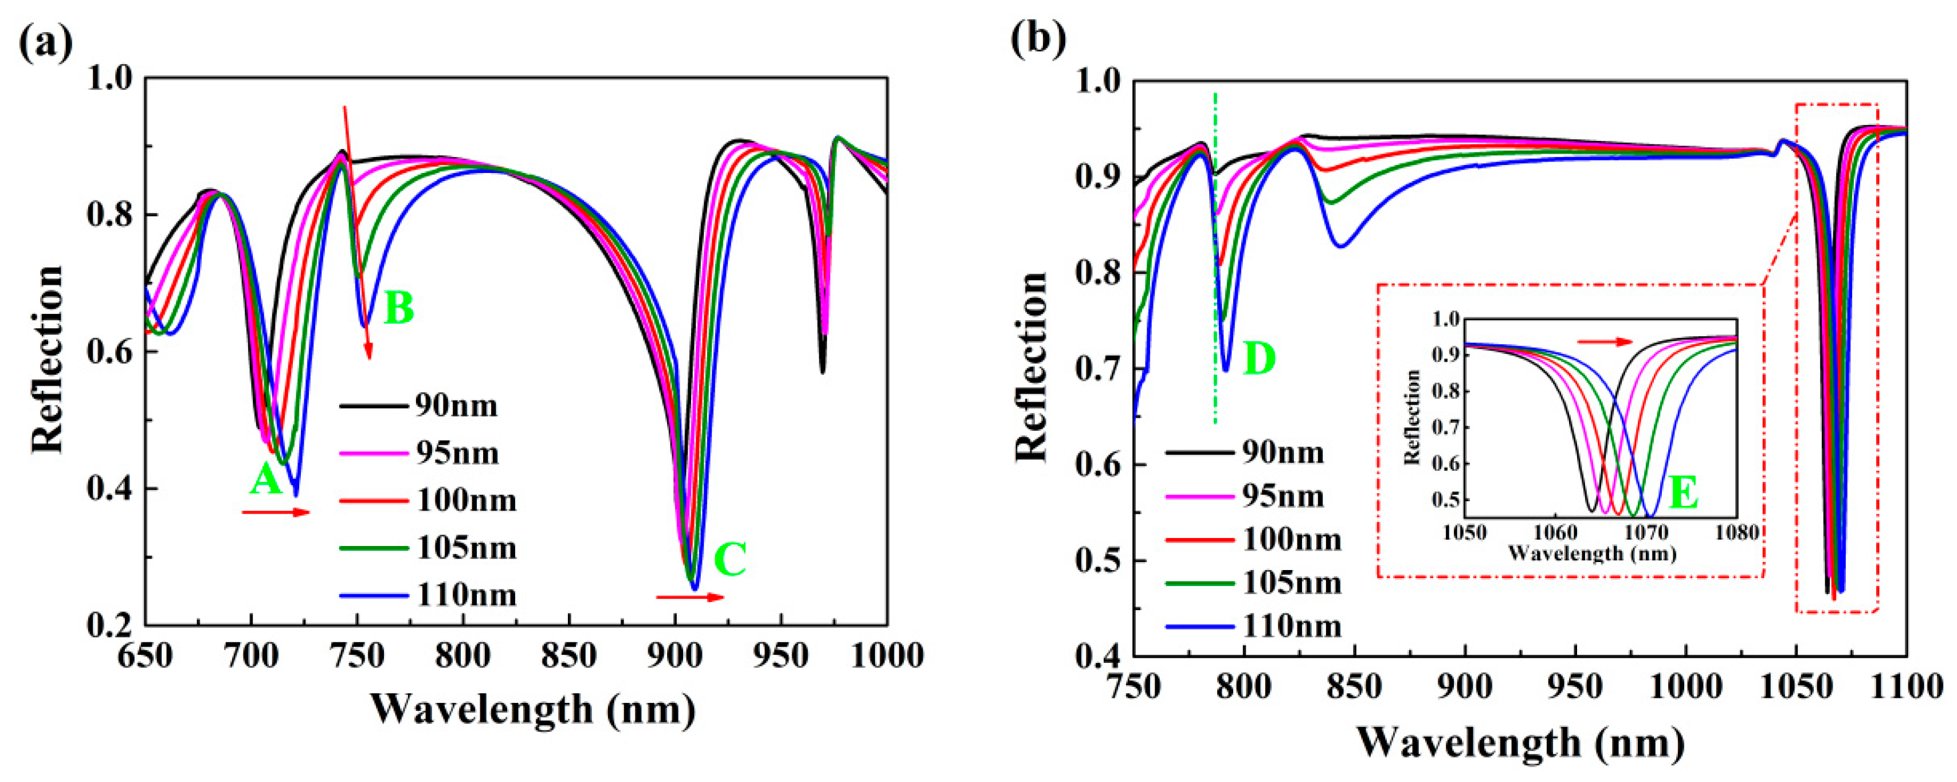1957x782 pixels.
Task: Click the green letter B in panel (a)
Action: pyautogui.click(x=399, y=308)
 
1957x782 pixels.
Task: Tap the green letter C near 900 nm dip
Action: pyautogui.click(x=730, y=560)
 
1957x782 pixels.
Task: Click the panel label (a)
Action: pyautogui.click(x=46, y=42)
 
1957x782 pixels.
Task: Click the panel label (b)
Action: pyautogui.click(x=1038, y=37)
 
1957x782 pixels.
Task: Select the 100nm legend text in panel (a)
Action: pyautogui.click(x=466, y=500)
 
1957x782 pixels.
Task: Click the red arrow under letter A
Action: pyautogui.click(x=276, y=513)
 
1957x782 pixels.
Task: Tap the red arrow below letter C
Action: pyautogui.click(x=690, y=598)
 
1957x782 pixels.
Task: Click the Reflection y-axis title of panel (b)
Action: pyautogui.click(x=1032, y=367)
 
